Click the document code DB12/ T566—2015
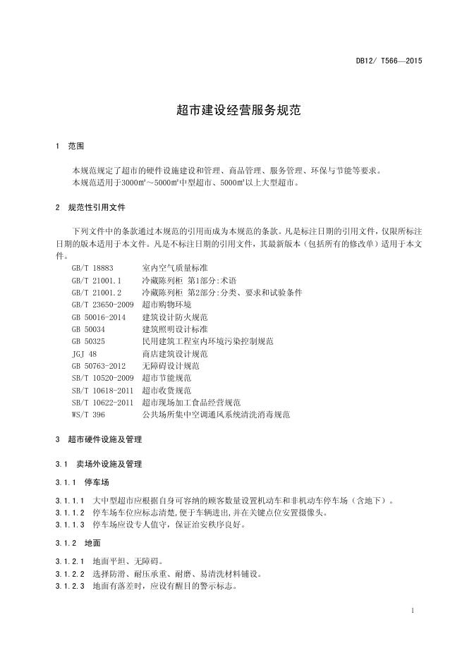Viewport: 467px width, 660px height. pos(389,61)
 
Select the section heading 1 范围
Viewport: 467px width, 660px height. pos(69,147)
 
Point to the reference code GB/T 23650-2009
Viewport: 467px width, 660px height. pos(102,305)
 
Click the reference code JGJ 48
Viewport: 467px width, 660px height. pos(85,353)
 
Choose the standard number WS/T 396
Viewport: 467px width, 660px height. pos(88,415)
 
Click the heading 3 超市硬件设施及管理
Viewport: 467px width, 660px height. pos(98,439)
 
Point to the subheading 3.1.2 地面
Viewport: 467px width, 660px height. pos(78,544)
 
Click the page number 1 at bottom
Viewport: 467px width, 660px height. pos(411,610)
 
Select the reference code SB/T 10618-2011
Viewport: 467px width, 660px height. pos(102,390)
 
